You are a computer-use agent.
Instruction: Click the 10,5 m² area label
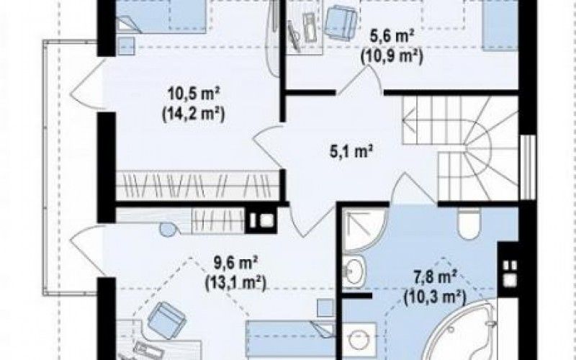(194, 95)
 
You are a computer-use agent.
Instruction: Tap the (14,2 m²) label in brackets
(193, 114)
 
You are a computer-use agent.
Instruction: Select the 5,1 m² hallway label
(352, 151)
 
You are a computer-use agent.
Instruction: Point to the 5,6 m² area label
(392, 38)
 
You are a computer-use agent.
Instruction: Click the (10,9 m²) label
(392, 57)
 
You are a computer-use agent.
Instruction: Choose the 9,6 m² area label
(235, 264)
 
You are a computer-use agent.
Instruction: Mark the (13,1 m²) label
(235, 283)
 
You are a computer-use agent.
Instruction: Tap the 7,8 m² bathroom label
(435, 277)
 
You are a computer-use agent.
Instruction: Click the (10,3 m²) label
(435, 297)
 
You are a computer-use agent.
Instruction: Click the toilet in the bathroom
(469, 223)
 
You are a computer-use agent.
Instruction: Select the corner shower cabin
(364, 229)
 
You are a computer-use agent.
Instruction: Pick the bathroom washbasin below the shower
(353, 273)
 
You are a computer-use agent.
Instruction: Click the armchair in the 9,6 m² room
(167, 320)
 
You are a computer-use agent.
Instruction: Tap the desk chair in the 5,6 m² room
(341, 23)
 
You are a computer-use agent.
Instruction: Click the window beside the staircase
(528, 167)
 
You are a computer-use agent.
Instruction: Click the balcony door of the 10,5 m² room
(86, 84)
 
